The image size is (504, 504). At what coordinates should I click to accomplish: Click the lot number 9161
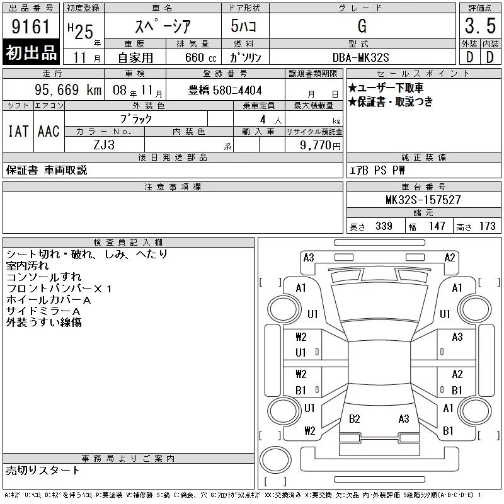click(31, 26)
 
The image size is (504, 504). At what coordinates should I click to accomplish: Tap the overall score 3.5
click(480, 26)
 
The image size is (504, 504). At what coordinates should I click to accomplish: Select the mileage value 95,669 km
click(68, 89)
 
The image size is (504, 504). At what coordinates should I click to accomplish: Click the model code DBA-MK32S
click(360, 57)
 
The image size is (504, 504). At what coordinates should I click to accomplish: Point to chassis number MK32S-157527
click(423, 200)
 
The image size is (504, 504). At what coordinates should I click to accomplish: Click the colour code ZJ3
click(104, 145)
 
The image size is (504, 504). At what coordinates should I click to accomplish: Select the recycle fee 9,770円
click(320, 146)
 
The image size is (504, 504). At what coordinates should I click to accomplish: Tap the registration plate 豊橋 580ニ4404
click(225, 90)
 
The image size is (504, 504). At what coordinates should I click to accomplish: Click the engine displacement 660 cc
click(200, 57)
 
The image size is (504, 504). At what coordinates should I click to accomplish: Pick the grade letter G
click(362, 26)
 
